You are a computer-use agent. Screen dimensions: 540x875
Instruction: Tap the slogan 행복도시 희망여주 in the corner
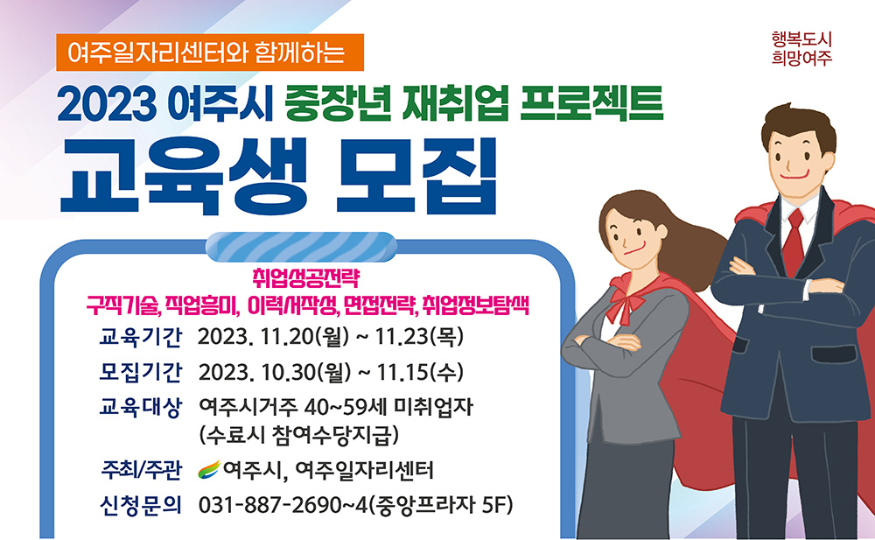[801, 49]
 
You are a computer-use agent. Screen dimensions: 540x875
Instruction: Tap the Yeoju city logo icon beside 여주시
[210, 470]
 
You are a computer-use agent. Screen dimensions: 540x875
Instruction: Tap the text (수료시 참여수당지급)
[300, 433]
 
